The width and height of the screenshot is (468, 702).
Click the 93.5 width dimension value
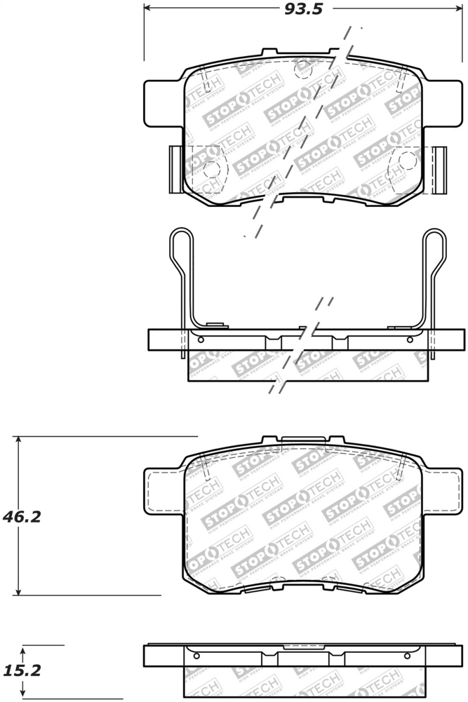304,9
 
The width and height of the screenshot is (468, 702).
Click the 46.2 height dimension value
22,517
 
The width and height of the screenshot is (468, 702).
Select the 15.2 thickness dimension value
22,671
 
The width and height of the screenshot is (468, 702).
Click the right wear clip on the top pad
439,169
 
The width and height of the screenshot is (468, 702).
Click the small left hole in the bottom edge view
196,655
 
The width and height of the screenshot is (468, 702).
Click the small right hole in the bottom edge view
412,655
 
